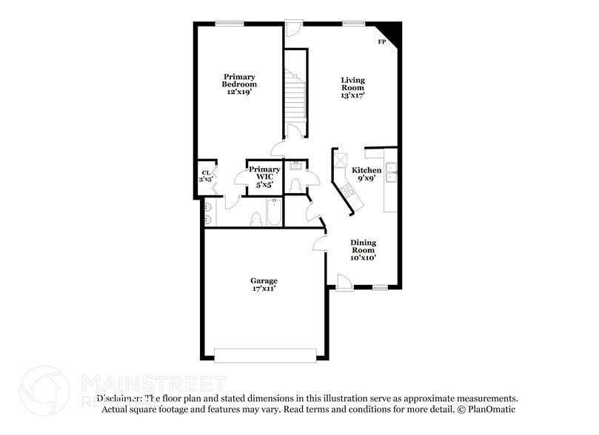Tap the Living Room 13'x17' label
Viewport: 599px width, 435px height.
[352, 87]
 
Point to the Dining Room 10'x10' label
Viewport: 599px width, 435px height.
[363, 250]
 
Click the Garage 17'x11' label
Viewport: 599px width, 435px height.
[264, 285]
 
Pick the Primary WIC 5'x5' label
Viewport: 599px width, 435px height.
[264, 178]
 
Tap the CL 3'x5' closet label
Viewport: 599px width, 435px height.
[206, 177]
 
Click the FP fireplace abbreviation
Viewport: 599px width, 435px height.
[382, 42]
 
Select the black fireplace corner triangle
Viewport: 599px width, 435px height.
[392, 32]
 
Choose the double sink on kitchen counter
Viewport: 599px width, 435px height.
[391, 176]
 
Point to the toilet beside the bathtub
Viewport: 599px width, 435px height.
[256, 218]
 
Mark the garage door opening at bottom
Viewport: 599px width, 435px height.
[264, 356]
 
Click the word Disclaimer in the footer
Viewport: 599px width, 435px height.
[119, 397]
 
